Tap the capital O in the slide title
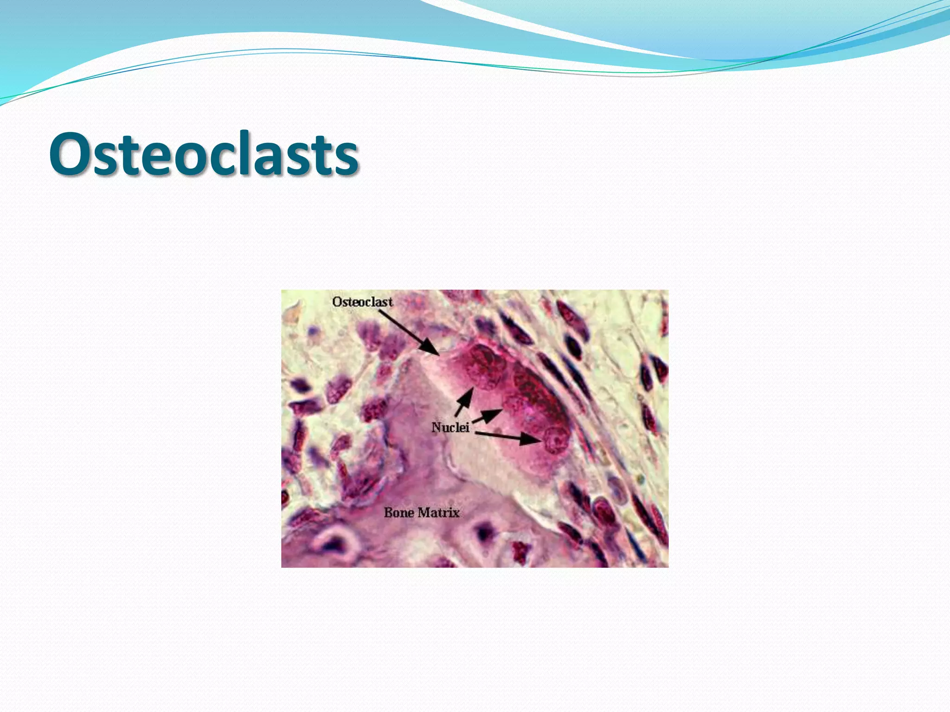(x=70, y=154)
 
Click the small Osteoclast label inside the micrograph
(x=362, y=302)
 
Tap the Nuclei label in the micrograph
(x=450, y=427)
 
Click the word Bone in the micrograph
(x=399, y=513)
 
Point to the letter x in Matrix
(x=455, y=514)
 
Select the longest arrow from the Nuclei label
(x=508, y=437)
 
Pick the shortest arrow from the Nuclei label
(x=487, y=416)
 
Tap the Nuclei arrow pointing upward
(x=464, y=402)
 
